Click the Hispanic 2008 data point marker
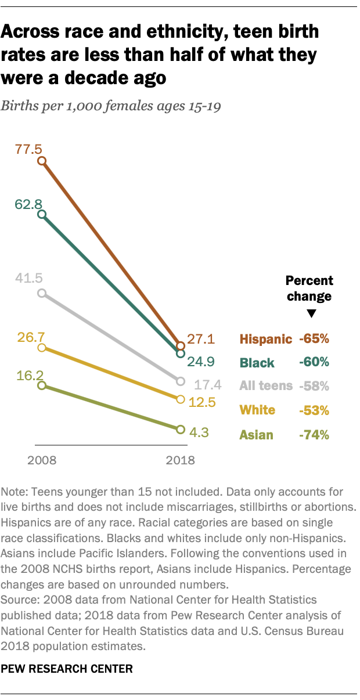[x=41, y=161]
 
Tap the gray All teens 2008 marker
[x=41, y=293]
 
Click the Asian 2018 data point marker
[x=180, y=430]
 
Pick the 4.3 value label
[x=199, y=432]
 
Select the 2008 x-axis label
[x=41, y=461]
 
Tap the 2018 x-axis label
[x=180, y=461]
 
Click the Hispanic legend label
[x=265, y=339]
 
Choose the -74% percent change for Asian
[x=314, y=434]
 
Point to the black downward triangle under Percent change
[x=311, y=314]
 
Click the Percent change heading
[x=309, y=288]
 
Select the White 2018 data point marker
[x=180, y=399]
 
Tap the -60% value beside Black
[x=314, y=362]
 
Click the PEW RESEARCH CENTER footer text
[x=67, y=669]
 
